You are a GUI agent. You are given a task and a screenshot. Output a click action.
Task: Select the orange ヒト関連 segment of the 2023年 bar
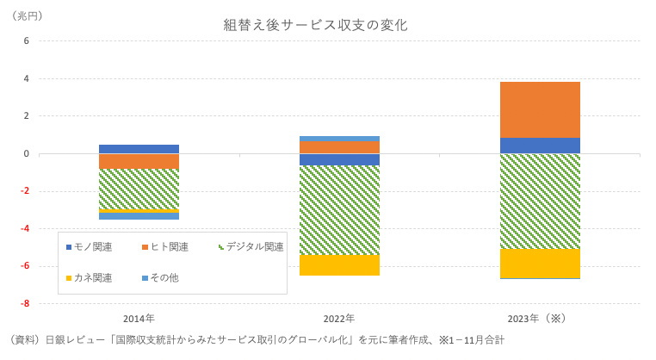(x=540, y=109)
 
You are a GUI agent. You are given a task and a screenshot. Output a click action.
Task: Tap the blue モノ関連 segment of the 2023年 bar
(x=540, y=146)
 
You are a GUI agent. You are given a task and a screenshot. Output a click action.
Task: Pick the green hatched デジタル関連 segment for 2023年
(x=540, y=202)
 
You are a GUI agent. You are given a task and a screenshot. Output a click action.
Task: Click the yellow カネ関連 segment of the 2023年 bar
(x=540, y=264)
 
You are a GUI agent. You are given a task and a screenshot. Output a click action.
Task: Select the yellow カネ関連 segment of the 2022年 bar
(x=339, y=265)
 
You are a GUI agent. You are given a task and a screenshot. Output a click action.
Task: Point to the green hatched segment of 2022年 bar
(x=339, y=210)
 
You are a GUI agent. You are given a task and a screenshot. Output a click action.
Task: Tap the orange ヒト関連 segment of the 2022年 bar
(x=339, y=147)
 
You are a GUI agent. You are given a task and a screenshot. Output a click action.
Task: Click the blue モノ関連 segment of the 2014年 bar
(x=139, y=149)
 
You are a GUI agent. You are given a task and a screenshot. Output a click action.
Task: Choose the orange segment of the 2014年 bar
(x=139, y=161)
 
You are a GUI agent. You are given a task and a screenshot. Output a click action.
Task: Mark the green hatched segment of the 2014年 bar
(x=139, y=189)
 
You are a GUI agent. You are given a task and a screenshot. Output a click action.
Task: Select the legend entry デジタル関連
(x=254, y=247)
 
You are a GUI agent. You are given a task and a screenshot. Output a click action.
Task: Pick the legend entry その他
(x=164, y=277)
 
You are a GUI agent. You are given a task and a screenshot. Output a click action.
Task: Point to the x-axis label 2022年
(x=339, y=319)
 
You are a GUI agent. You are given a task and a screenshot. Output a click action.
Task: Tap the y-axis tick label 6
(x=27, y=40)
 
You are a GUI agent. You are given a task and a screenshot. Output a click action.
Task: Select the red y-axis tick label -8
(x=25, y=303)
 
